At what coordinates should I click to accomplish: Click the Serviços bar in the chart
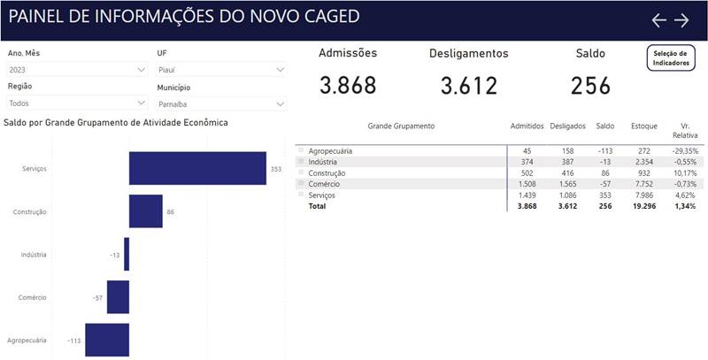(x=197, y=168)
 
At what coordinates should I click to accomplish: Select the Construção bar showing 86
(x=146, y=211)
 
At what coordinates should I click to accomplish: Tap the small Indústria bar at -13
(x=127, y=255)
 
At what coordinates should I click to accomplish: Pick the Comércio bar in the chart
(x=118, y=297)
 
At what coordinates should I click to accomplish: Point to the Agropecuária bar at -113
(x=107, y=340)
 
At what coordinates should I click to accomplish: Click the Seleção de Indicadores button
(x=671, y=57)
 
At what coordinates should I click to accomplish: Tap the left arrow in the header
(x=658, y=20)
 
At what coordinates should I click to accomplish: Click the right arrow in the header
(x=681, y=20)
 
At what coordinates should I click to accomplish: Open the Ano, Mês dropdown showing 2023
(x=76, y=69)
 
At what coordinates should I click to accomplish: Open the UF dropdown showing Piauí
(x=220, y=69)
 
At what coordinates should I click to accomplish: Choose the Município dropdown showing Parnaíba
(x=220, y=103)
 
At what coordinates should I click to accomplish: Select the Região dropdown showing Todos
(x=76, y=103)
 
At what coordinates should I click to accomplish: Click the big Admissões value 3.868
(x=348, y=86)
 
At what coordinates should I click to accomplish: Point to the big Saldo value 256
(x=590, y=86)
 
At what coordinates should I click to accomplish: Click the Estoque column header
(x=643, y=126)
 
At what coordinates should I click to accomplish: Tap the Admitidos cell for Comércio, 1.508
(x=527, y=184)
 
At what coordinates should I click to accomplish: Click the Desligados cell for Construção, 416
(x=566, y=173)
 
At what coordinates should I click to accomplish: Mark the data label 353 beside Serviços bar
(x=275, y=168)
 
